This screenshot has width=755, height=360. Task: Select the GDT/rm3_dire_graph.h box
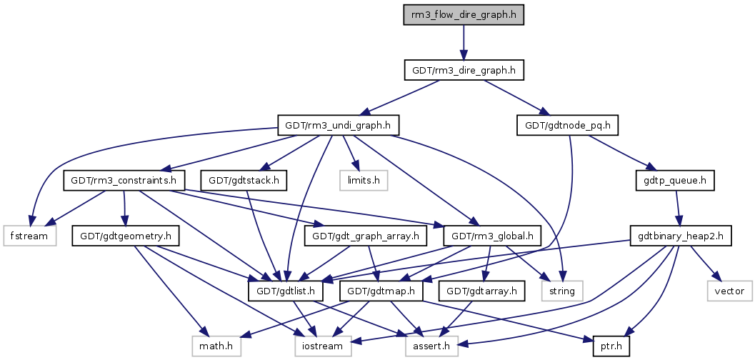[x=464, y=71]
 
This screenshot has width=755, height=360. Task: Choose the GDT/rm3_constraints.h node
[x=124, y=181]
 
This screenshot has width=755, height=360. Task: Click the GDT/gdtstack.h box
[x=244, y=181]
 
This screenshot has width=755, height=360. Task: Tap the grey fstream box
[x=30, y=236]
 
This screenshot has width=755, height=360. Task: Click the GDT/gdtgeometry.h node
[x=124, y=236]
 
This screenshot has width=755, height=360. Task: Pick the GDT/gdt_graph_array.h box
[x=366, y=236]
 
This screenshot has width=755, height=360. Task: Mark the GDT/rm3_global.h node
[x=491, y=236]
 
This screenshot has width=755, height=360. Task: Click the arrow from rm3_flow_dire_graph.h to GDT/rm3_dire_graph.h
[x=464, y=43]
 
